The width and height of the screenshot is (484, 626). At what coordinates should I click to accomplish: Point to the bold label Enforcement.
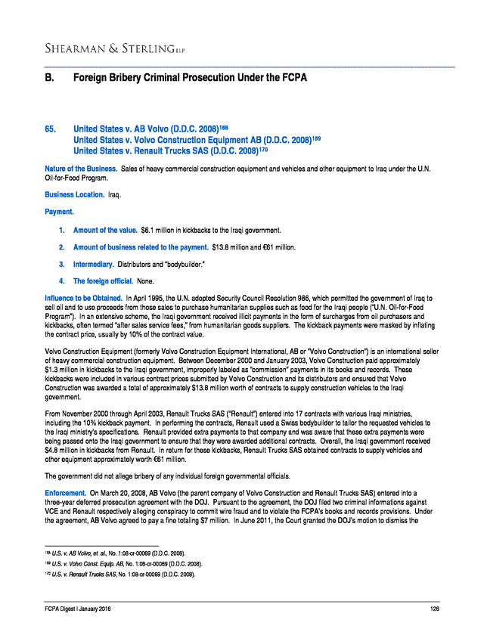[67, 491]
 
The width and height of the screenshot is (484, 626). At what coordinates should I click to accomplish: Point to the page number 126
[434, 610]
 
